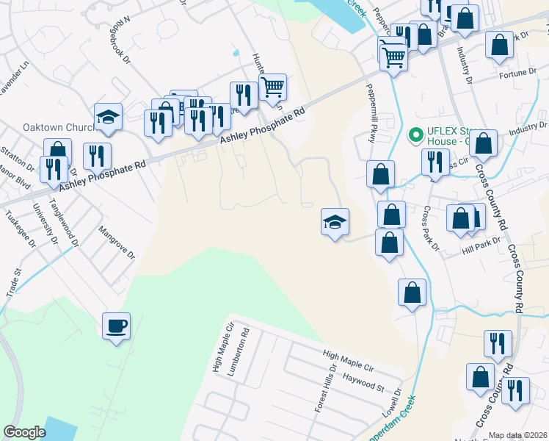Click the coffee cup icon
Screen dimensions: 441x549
116,326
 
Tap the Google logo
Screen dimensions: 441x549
24,432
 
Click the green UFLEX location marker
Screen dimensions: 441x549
415,135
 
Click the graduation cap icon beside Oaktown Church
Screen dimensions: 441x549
108,118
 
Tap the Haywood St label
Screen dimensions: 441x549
364,382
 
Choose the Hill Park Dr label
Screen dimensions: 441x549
481,246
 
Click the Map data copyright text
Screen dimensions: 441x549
518,435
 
